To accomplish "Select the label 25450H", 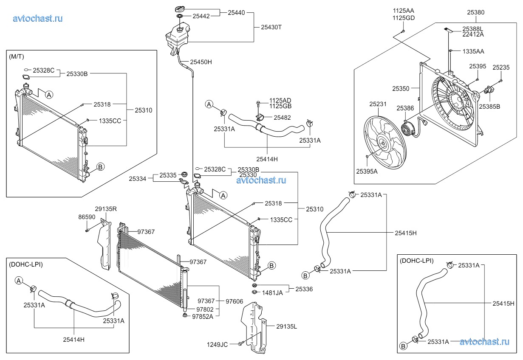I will pos(201,62).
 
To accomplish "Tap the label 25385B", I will pos(489,107).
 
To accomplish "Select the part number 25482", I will pos(282,118).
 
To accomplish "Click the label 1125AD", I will pos(280,100).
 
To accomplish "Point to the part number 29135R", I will pos(106,209).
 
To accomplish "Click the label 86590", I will pos(87,217).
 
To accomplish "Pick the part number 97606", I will pos(234,301).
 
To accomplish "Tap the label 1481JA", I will pos(272,292).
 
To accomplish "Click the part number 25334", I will pos(138,179).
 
